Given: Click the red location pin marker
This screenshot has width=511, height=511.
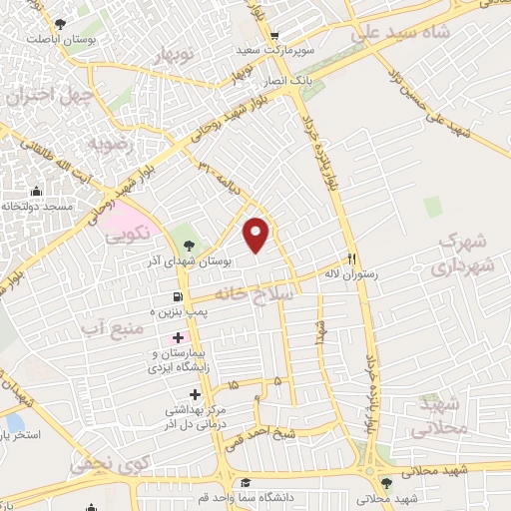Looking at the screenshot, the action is pos(257,235).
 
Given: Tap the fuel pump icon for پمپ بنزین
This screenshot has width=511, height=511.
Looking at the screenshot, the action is pos(178,296).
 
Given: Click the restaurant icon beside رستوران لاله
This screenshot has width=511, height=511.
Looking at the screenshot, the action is pos(350,255).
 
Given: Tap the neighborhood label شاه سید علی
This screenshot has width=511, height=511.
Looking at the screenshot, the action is pos(401,32).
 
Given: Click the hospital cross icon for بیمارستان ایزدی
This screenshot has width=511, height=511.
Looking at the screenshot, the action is pos(178,338).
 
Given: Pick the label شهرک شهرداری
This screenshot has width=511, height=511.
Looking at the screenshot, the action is pos(461,255).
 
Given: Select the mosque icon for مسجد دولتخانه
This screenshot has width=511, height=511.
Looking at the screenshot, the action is pos(37,192).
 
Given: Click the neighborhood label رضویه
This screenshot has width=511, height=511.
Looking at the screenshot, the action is pos(110,144).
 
